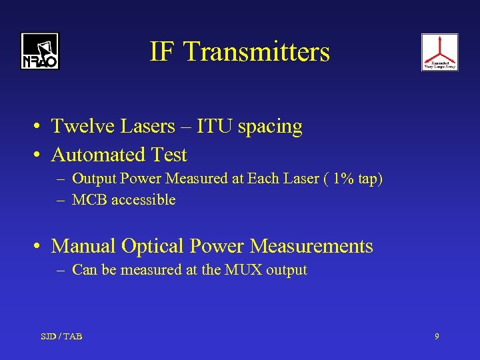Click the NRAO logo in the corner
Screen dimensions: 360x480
[x=39, y=51]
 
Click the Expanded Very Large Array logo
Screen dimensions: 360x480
[x=439, y=52]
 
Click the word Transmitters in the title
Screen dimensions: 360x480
[x=257, y=51]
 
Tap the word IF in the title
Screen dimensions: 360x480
[x=163, y=51]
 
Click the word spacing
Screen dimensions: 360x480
[x=272, y=127]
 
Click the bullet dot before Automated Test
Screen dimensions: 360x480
[x=41, y=155]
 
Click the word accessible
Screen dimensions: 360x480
[x=144, y=200]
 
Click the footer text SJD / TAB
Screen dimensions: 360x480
[x=61, y=336]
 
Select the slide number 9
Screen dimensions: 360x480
[x=437, y=336]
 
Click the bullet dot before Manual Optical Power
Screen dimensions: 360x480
[x=41, y=247]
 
